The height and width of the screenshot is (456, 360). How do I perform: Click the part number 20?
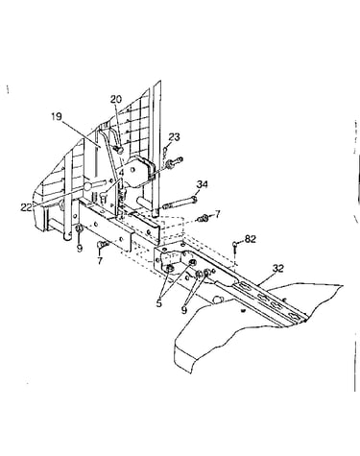[x=116, y=99]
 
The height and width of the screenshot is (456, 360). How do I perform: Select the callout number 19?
[x=57, y=116]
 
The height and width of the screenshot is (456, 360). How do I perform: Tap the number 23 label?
[x=174, y=137]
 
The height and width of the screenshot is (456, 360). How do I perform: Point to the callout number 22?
[x=26, y=207]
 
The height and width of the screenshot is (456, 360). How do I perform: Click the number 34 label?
[x=202, y=184]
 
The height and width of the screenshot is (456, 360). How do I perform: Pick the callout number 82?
[x=251, y=239]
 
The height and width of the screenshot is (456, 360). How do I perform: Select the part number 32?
[x=278, y=268]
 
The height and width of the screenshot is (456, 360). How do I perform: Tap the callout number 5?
[x=159, y=303]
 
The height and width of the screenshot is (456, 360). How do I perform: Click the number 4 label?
[x=121, y=173]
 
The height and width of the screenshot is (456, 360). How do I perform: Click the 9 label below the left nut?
[x=80, y=248]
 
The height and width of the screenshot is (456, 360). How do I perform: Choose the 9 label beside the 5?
[x=184, y=309]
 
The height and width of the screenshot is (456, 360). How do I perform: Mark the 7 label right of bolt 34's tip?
[x=217, y=214]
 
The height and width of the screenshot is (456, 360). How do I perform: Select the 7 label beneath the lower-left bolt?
[x=100, y=261]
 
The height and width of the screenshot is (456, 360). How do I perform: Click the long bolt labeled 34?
[x=180, y=203]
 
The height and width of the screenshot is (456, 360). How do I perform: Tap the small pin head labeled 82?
[x=235, y=246]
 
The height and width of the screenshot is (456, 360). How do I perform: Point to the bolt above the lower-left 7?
[x=102, y=245]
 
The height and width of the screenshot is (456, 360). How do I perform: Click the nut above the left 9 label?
[x=79, y=228]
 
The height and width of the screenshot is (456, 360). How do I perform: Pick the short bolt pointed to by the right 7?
[x=204, y=219]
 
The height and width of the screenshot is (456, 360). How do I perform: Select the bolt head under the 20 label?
[x=118, y=149]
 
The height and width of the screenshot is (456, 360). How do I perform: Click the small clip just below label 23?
[x=164, y=151]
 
